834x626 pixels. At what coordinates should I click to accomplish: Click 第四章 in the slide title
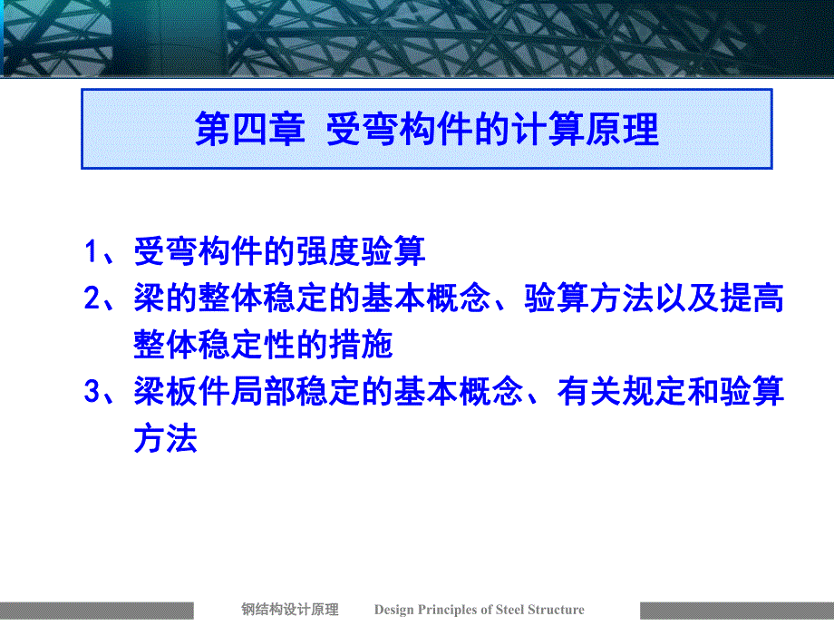point(241,130)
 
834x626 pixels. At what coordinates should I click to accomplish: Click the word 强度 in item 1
point(328,251)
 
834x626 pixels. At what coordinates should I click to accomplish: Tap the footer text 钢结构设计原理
point(289,610)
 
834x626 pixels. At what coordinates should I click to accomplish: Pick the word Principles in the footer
point(449,610)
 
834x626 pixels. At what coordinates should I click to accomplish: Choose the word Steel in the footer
point(513,610)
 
